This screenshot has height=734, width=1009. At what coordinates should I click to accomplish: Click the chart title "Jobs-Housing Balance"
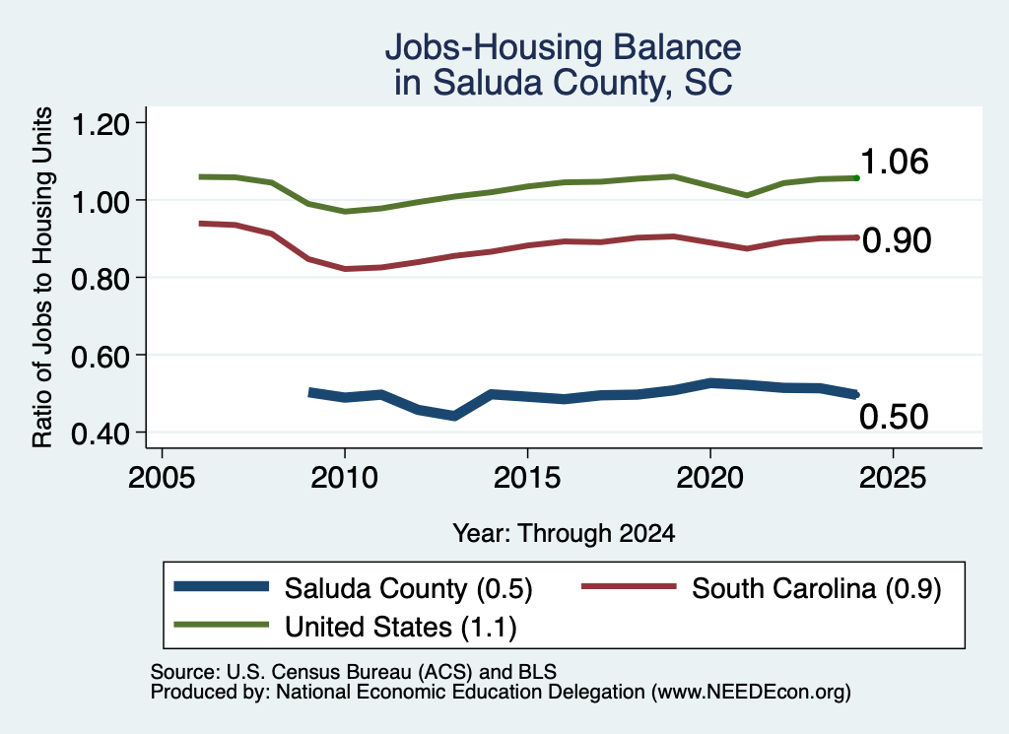pyautogui.click(x=563, y=47)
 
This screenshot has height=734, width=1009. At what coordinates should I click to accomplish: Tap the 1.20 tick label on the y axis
pyautogui.click(x=101, y=124)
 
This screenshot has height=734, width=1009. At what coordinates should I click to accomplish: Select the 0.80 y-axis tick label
pyautogui.click(x=101, y=279)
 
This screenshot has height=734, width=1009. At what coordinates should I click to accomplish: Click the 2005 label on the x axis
pyautogui.click(x=162, y=478)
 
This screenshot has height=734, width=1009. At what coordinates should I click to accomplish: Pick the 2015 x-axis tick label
pyautogui.click(x=527, y=478)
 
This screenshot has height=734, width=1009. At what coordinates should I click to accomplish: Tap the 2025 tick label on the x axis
pyautogui.click(x=893, y=478)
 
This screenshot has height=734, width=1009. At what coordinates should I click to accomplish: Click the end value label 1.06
pyautogui.click(x=895, y=162)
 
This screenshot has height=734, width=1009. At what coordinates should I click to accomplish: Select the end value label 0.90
pyautogui.click(x=897, y=240)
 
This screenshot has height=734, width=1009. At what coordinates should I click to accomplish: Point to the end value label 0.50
pyautogui.click(x=894, y=417)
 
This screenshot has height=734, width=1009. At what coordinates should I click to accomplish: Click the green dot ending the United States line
pyautogui.click(x=856, y=177)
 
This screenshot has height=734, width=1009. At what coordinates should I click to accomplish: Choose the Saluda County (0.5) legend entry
pyautogui.click(x=354, y=588)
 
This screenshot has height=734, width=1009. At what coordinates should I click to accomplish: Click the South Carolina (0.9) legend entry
pyautogui.click(x=762, y=588)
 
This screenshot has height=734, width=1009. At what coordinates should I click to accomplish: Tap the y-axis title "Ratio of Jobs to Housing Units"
pyautogui.click(x=42, y=277)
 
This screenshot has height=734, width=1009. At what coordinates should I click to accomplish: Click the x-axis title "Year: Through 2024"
pyautogui.click(x=564, y=533)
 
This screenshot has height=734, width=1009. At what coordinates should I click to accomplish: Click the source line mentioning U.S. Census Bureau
pyautogui.click(x=354, y=672)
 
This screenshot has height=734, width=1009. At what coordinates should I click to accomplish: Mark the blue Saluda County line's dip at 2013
pyautogui.click(x=454, y=416)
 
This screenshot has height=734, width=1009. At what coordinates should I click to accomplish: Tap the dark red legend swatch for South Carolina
pyautogui.click(x=629, y=586)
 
